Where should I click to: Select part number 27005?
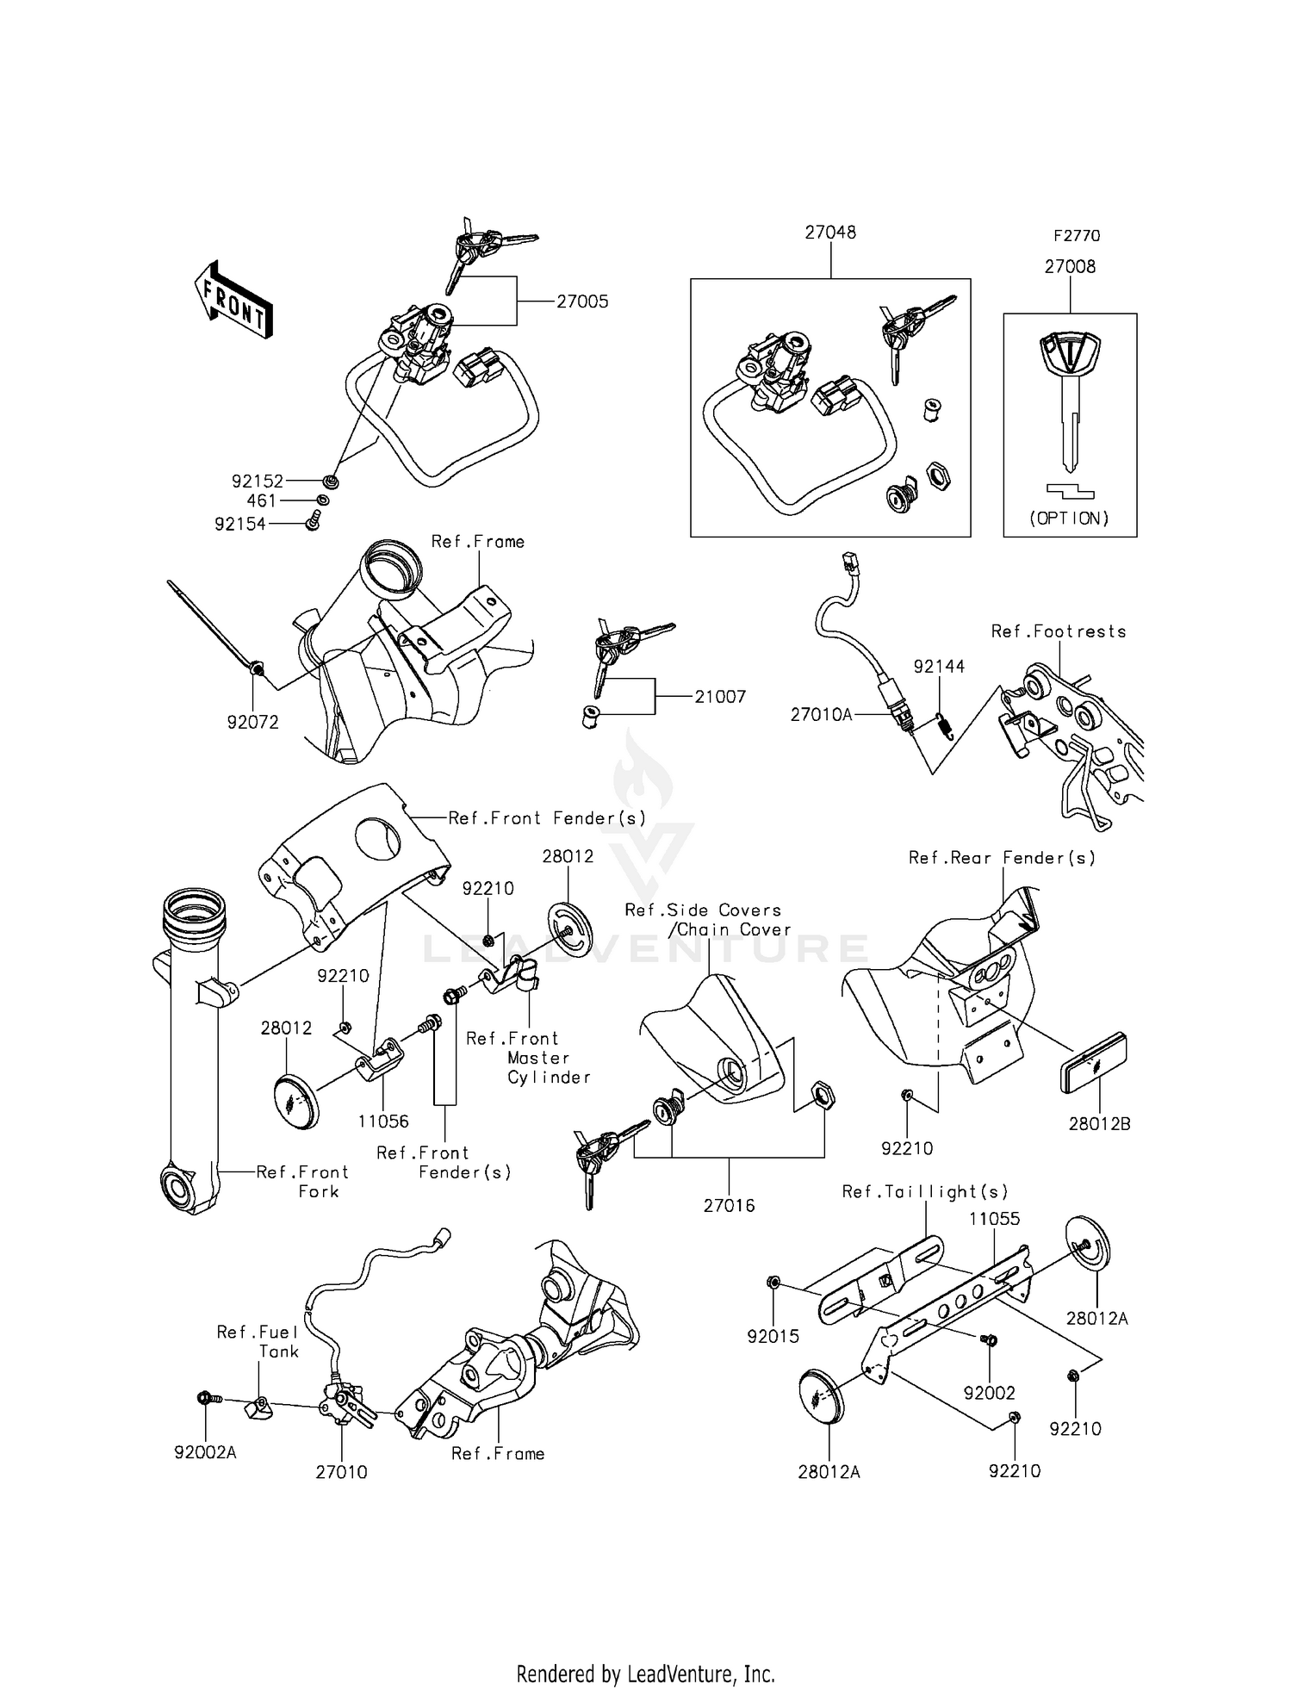point(582,301)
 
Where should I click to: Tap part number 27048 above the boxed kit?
point(830,233)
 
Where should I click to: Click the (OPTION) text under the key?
point(1070,519)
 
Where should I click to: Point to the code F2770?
point(1077,236)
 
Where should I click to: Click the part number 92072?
point(253,723)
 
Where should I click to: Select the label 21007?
point(720,697)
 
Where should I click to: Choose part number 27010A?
point(821,714)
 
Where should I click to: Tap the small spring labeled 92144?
point(945,726)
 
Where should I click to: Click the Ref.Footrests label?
point(1059,631)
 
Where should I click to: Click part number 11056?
point(383,1121)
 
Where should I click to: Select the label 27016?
point(729,1206)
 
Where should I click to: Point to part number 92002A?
point(205,1453)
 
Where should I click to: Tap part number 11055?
point(994,1219)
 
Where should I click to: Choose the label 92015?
point(773,1337)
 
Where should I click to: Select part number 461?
point(262,500)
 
